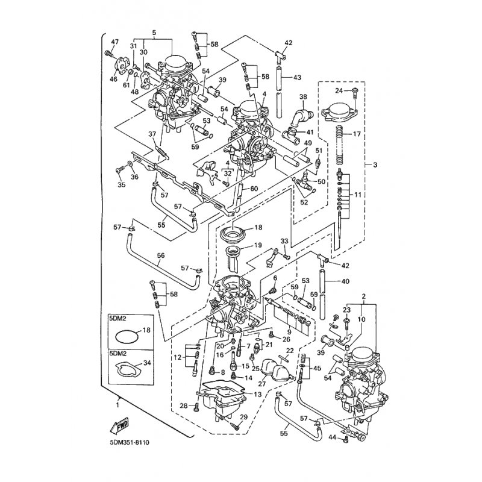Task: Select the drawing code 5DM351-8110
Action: click(x=129, y=443)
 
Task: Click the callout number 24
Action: click(x=339, y=91)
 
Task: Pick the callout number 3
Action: click(x=375, y=164)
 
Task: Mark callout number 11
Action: click(x=358, y=195)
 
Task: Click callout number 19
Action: click(x=258, y=245)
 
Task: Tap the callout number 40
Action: click(x=345, y=281)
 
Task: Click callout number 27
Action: click(x=261, y=383)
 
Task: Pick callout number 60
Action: click(x=254, y=189)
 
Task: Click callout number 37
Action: click(x=135, y=134)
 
